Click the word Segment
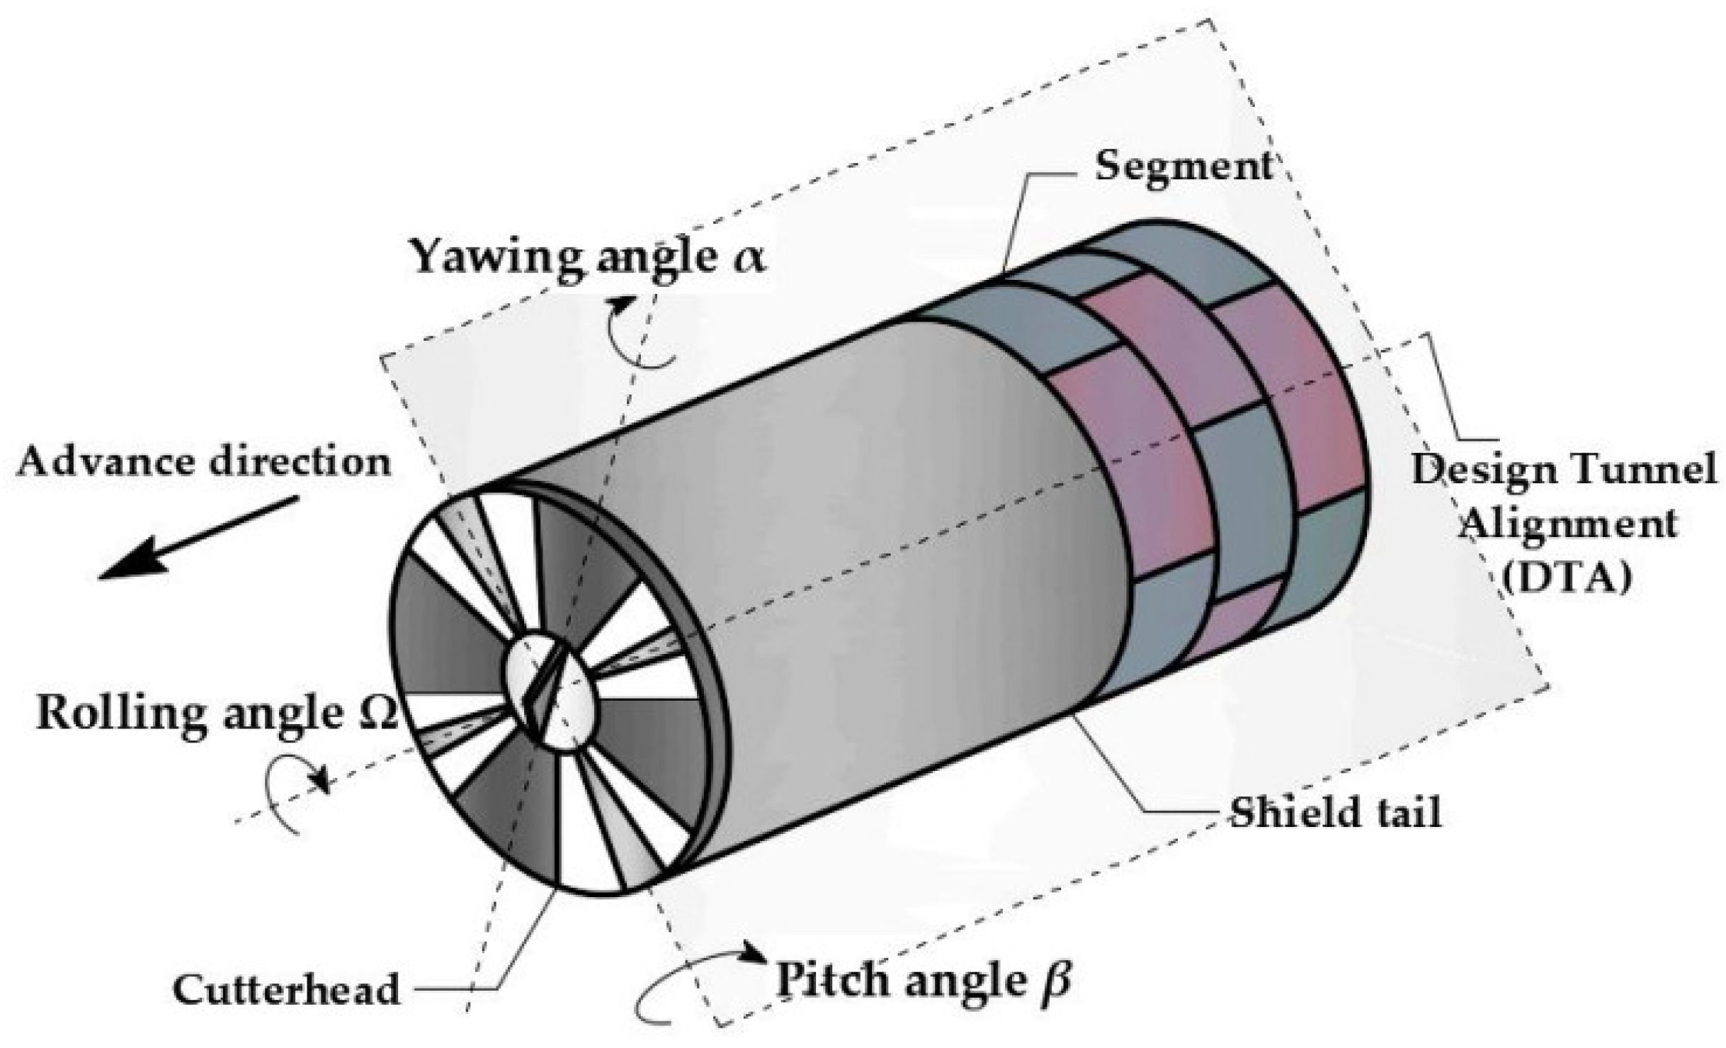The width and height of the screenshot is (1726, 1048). tap(1183, 168)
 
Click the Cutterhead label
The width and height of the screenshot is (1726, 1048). tap(286, 990)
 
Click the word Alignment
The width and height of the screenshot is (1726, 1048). tap(1569, 524)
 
